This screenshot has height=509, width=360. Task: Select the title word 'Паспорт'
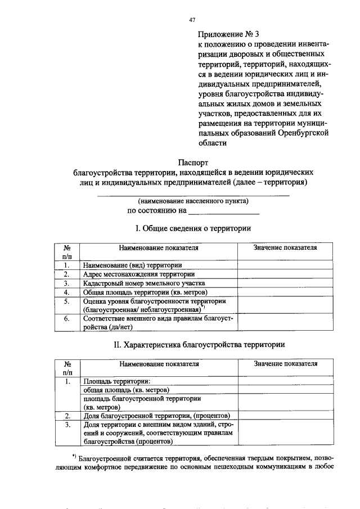[x=192, y=163]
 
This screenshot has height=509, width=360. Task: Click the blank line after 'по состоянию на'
[x=224, y=212]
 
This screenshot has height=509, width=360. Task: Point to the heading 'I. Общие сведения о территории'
[x=193, y=228]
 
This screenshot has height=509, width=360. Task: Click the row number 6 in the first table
[x=66, y=319]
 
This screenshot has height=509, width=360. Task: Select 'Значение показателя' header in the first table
[x=285, y=247]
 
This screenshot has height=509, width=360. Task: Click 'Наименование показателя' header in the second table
[x=159, y=364]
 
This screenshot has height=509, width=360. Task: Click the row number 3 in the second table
[x=66, y=425]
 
